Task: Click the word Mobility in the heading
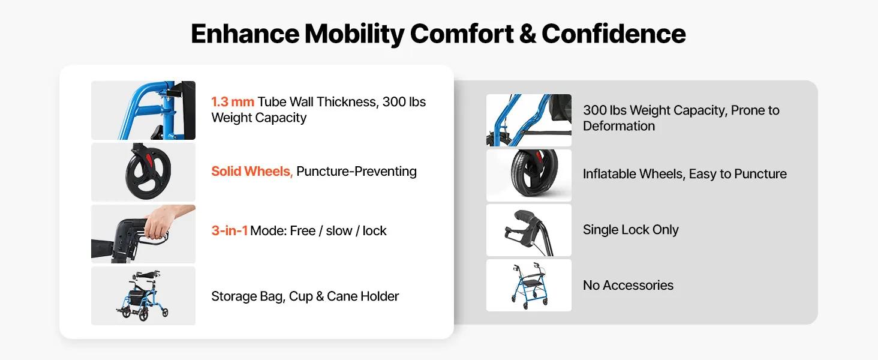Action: tap(354, 34)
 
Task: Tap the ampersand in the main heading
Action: tap(527, 34)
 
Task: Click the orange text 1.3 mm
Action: tap(233, 102)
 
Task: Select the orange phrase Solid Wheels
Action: tap(252, 172)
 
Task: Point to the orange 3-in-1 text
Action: tap(229, 230)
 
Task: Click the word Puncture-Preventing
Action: tap(356, 172)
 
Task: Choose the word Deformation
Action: tap(618, 126)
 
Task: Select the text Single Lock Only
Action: tap(630, 230)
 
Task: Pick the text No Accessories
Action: tap(628, 285)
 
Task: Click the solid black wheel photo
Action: tap(143, 172)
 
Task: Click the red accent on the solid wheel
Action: tap(149, 161)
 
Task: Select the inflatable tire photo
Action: tap(529, 175)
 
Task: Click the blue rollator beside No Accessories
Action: tap(529, 286)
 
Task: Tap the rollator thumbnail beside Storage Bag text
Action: tap(143, 296)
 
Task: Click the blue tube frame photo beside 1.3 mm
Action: tap(143, 110)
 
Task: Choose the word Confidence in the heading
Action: tap(614, 34)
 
